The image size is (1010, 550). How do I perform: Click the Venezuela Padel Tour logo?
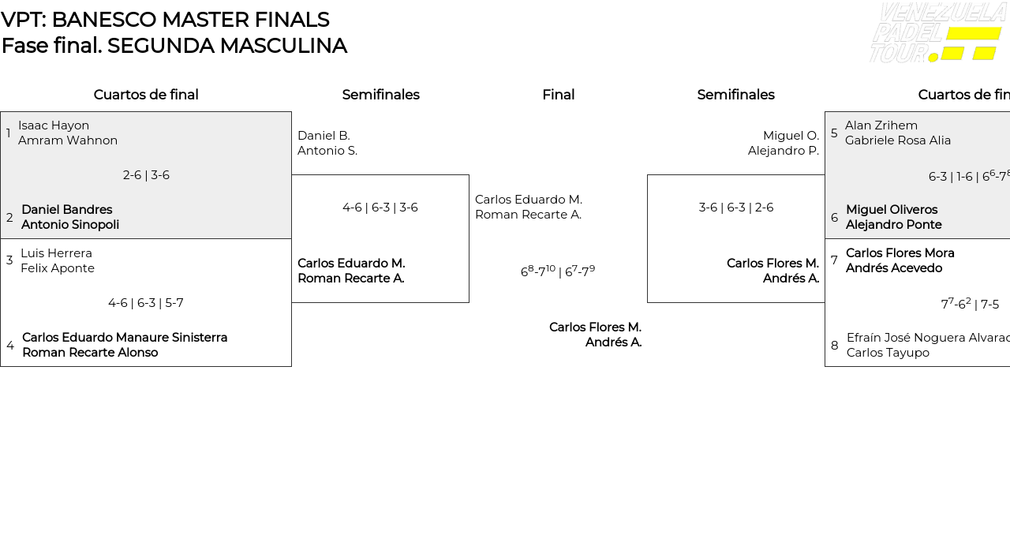click(x=937, y=33)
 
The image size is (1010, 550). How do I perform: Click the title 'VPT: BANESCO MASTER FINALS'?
click(x=165, y=20)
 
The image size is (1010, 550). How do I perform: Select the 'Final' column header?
click(x=558, y=95)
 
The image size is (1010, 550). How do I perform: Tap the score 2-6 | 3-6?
click(x=146, y=175)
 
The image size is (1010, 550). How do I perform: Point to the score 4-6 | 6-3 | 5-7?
click(x=146, y=303)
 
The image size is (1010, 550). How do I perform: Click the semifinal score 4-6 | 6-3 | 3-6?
click(x=380, y=208)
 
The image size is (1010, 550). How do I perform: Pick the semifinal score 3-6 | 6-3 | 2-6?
click(x=735, y=208)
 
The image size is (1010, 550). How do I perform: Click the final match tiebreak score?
click(x=558, y=271)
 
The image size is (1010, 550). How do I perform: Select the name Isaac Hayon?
click(x=54, y=125)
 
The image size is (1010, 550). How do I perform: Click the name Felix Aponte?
click(x=58, y=268)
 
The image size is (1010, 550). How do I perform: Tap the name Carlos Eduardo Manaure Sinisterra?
click(x=125, y=338)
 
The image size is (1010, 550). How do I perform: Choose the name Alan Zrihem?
click(x=881, y=125)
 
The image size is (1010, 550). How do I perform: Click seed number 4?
click(x=10, y=346)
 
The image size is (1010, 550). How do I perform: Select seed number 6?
click(x=834, y=218)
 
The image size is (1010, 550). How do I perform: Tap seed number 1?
click(x=9, y=133)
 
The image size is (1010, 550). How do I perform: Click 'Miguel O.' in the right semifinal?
click(x=791, y=136)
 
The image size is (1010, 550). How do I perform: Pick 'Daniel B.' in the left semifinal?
click(x=324, y=136)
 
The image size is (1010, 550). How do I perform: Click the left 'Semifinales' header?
click(x=380, y=95)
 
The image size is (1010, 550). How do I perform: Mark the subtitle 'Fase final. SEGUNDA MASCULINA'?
click(x=174, y=46)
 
